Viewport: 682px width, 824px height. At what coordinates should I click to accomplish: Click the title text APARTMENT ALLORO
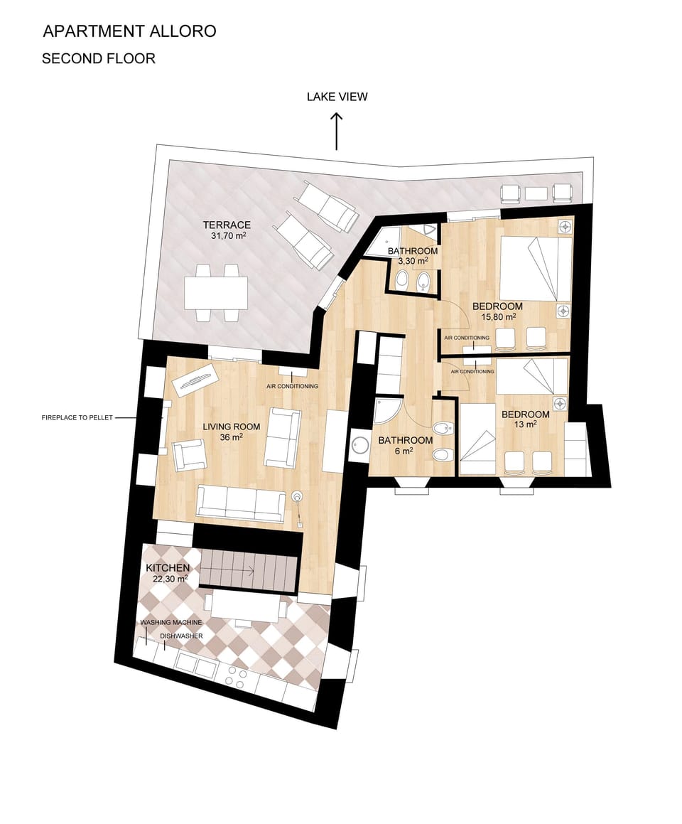[129, 31]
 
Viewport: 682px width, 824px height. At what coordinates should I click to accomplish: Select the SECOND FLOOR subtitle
[98, 59]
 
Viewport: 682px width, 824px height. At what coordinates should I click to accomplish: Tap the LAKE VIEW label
[337, 97]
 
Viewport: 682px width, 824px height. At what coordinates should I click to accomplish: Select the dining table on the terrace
[216, 292]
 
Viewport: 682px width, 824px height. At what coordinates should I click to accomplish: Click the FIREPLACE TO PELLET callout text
[77, 418]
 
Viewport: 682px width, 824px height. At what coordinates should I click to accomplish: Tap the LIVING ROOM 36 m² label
[232, 432]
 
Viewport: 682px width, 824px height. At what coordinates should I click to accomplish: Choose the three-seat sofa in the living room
[241, 503]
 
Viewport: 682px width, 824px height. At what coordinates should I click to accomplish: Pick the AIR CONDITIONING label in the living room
[292, 386]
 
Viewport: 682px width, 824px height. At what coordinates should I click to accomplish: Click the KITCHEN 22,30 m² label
[168, 573]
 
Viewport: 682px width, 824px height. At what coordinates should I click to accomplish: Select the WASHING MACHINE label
[171, 622]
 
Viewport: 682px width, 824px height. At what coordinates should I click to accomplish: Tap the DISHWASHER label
[182, 636]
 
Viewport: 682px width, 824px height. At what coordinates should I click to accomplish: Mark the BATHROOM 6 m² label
[405, 445]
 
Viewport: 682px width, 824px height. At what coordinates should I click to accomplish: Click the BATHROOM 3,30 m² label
[413, 256]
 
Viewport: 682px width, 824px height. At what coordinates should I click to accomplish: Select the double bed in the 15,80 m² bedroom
[535, 269]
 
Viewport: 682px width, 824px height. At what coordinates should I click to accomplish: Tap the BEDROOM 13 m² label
[525, 419]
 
